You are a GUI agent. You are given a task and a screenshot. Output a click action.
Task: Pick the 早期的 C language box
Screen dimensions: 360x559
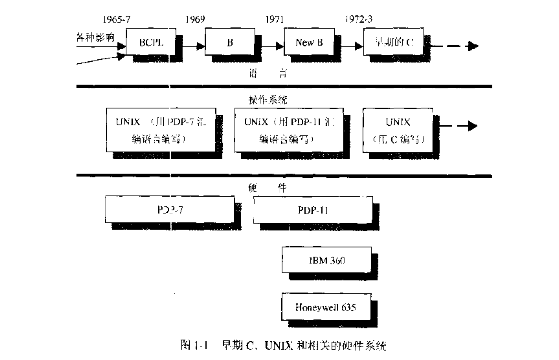[391, 42]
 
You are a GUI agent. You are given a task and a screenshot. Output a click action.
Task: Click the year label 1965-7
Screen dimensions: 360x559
[116, 20]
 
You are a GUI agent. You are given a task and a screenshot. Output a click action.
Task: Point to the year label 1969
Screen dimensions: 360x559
[195, 20]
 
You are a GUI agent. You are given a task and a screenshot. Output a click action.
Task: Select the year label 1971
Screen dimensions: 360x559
[274, 20]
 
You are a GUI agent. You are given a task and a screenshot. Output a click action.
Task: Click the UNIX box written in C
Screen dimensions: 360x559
[398, 130]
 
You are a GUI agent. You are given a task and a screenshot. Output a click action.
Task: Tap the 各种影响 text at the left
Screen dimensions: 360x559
[96, 38]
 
